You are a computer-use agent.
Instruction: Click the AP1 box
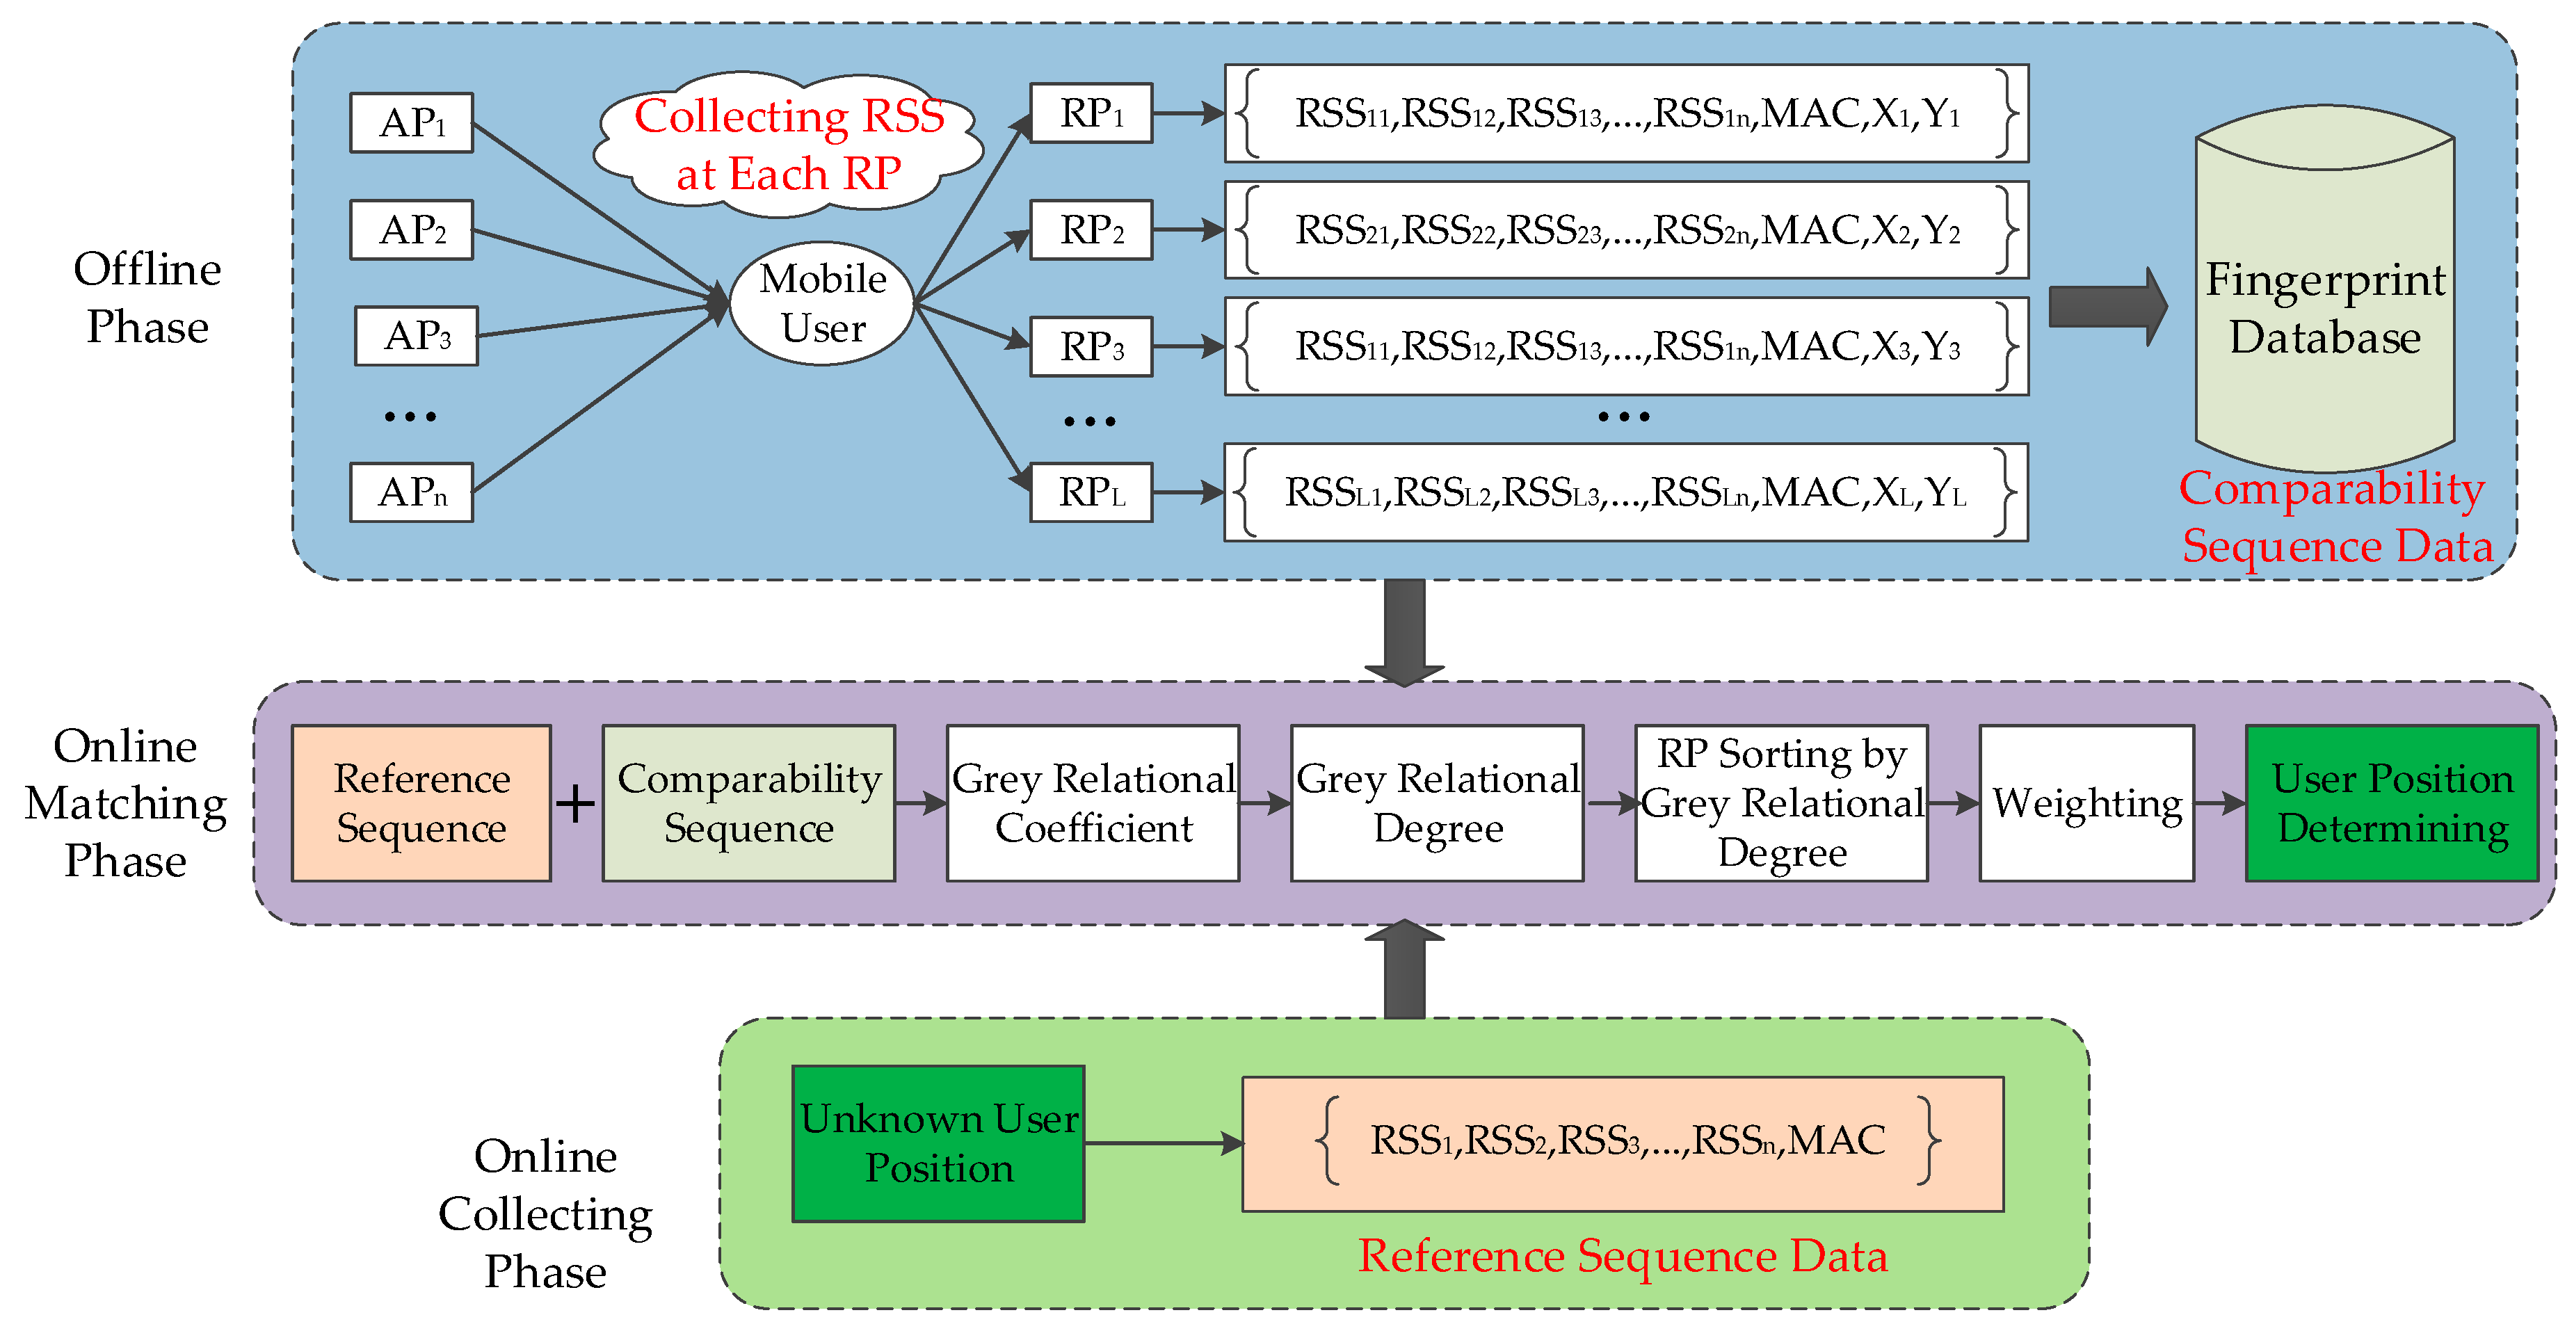[x=410, y=123]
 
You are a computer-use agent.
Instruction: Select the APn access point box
[x=410, y=492]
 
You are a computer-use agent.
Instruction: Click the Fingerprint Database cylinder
[x=2324, y=300]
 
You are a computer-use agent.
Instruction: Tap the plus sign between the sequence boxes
[x=576, y=803]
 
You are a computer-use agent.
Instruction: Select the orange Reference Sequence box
[x=421, y=803]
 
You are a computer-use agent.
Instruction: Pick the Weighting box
[x=2086, y=803]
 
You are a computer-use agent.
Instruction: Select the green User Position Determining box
[x=2391, y=803]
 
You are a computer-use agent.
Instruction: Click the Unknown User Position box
[x=938, y=1143]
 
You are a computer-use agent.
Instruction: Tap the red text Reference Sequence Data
[x=1622, y=1256]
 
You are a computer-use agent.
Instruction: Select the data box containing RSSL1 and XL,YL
[x=1626, y=492]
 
